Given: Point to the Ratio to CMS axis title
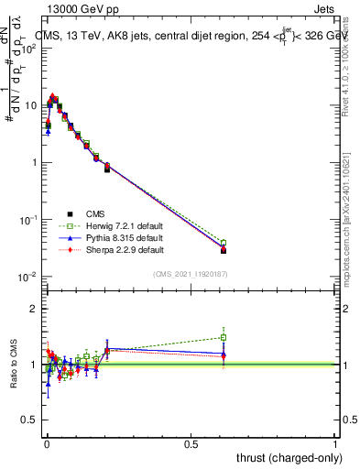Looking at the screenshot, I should click(15, 365).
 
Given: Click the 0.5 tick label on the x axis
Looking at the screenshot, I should click(191, 442).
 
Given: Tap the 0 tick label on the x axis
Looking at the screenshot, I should click(47, 442).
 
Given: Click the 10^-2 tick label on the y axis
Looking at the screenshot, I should click(28, 277).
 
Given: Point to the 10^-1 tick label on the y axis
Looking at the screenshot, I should click(28, 220).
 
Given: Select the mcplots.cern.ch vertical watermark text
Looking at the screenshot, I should click(349, 220).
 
